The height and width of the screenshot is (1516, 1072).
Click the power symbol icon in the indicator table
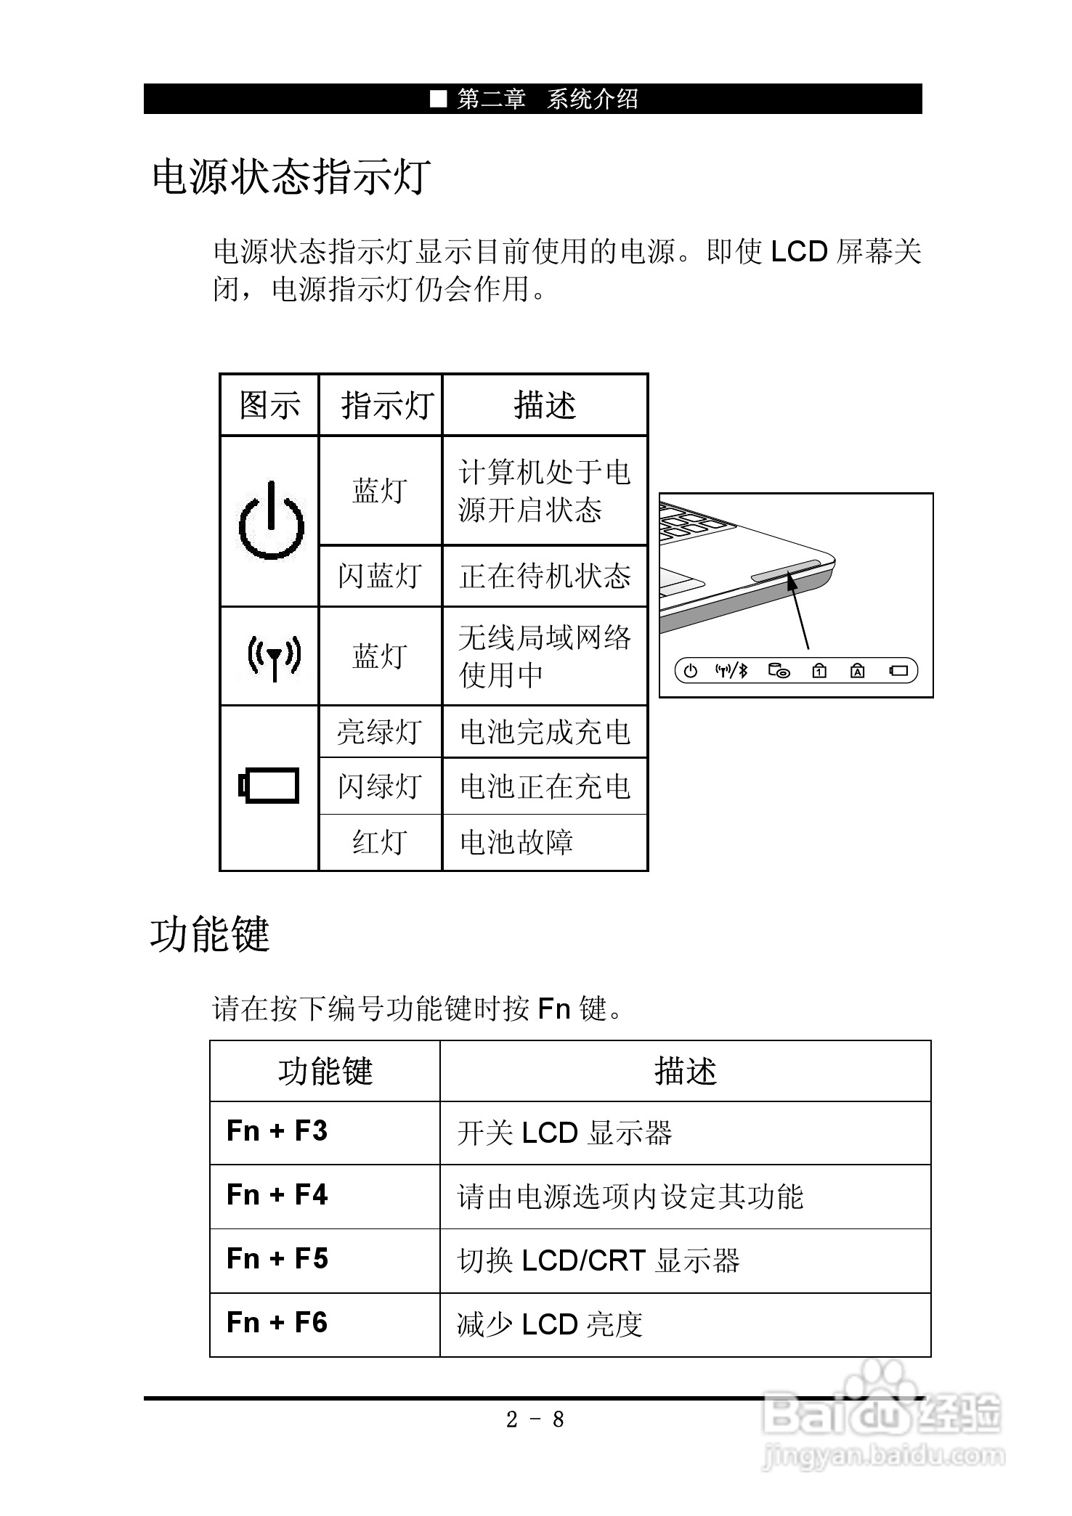(270, 521)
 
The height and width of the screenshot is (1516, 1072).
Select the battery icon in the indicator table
(269, 786)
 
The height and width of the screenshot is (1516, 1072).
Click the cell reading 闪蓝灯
(380, 576)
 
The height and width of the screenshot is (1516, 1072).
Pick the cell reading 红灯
(380, 842)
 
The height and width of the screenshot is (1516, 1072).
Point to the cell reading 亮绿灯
(380, 732)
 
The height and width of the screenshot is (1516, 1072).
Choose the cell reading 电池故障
(516, 842)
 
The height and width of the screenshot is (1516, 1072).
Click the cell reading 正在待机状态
(545, 576)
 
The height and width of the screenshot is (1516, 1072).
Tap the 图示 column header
(269, 405)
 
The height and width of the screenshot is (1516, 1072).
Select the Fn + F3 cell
(277, 1131)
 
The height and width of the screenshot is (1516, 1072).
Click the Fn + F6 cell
(277, 1323)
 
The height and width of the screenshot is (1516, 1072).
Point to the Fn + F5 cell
(277, 1259)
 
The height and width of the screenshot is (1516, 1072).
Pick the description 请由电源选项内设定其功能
(630, 1197)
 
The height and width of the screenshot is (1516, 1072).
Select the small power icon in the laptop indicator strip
(691, 671)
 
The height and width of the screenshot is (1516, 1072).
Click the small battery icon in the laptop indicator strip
(899, 671)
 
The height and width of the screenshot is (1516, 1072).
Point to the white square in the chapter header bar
(438, 99)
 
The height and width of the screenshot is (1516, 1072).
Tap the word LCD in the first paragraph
(799, 252)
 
